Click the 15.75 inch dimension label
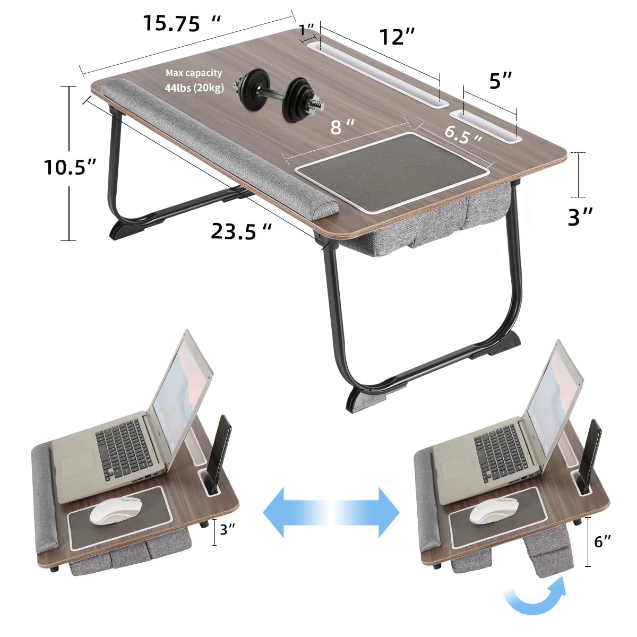pos(182,23)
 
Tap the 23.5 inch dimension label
pos(242,231)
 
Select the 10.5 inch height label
pos(70,167)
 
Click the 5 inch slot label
pos(500,81)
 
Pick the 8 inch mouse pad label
pos(342,127)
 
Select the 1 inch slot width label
pos(306,30)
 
